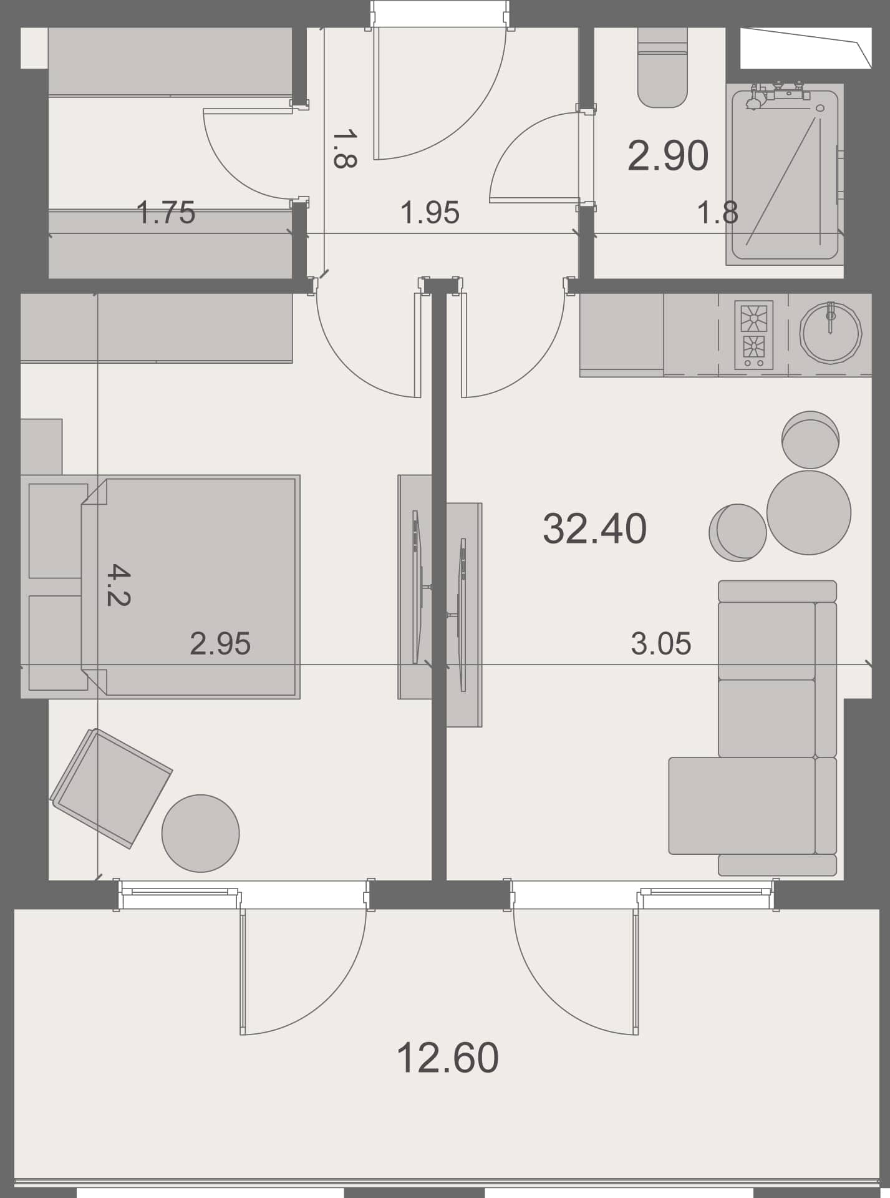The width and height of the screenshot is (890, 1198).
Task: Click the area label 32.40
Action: click(x=594, y=528)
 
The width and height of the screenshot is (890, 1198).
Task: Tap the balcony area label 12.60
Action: click(x=447, y=1058)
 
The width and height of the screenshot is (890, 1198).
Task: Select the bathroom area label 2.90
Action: click(x=667, y=155)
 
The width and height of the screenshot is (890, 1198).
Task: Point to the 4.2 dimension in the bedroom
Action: click(x=118, y=585)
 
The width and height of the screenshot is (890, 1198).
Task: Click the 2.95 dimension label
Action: click(x=220, y=643)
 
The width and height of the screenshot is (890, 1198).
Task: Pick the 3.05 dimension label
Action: click(x=660, y=643)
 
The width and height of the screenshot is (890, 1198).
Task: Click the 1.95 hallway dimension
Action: click(x=430, y=213)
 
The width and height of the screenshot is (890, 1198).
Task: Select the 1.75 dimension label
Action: click(x=165, y=212)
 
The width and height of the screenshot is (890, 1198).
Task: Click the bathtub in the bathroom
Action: click(x=785, y=181)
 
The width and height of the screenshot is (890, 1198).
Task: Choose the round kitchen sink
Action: click(x=830, y=332)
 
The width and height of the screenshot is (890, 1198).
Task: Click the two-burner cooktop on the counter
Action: click(x=753, y=334)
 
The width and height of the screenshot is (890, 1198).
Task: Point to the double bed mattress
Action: click(x=200, y=587)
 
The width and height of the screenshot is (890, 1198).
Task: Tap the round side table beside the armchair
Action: click(x=200, y=833)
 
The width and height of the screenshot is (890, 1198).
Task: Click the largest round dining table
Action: click(x=808, y=512)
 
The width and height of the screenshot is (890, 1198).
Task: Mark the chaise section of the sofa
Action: click(x=742, y=806)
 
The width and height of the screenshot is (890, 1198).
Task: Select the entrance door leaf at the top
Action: click(x=377, y=94)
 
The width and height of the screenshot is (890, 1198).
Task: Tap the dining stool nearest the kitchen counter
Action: click(x=810, y=439)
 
